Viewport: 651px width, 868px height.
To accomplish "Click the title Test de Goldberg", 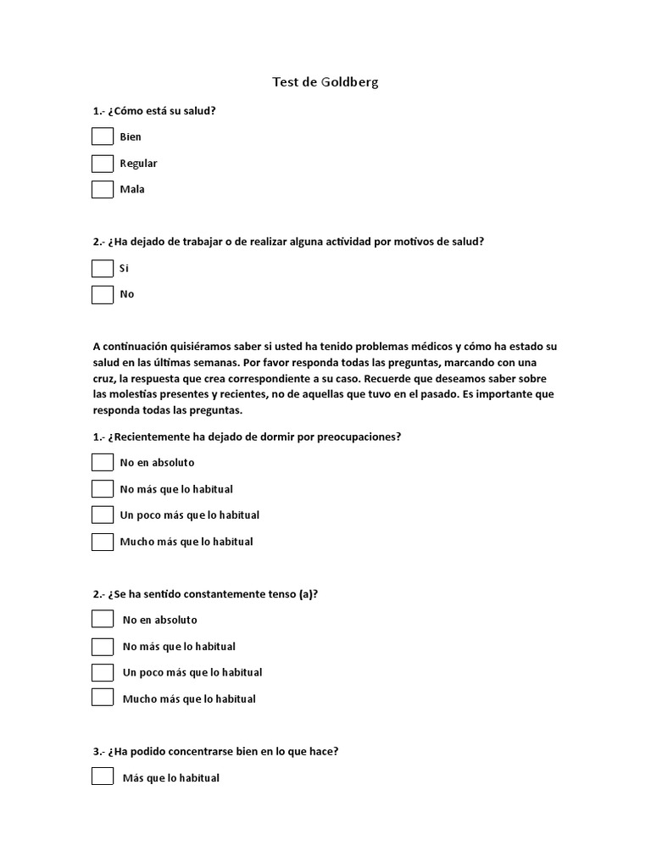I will pos(325,82).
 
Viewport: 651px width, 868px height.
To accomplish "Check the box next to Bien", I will pos(103,136).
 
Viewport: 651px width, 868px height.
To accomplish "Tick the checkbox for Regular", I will pos(103,163).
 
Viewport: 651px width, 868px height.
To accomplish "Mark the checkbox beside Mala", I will pos(103,189).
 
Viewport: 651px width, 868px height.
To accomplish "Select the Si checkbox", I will pos(103,268).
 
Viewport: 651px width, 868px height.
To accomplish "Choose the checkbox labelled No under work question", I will pos(103,294).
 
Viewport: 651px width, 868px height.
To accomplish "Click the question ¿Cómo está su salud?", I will pos(160,110).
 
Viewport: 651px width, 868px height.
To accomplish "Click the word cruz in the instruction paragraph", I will pos(106,378).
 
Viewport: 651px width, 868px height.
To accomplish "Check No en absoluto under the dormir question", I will pos(103,462).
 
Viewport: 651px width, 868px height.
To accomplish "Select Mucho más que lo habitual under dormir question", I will pos(103,541).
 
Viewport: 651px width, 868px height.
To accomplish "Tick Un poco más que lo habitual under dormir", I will pos(103,515).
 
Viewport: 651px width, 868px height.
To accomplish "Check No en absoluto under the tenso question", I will pos(103,620).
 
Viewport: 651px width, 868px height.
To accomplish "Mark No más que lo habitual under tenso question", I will pos(103,646).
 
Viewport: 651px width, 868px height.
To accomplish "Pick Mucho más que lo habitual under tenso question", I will pos(103,698).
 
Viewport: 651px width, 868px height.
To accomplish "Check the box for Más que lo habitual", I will pos(103,776).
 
